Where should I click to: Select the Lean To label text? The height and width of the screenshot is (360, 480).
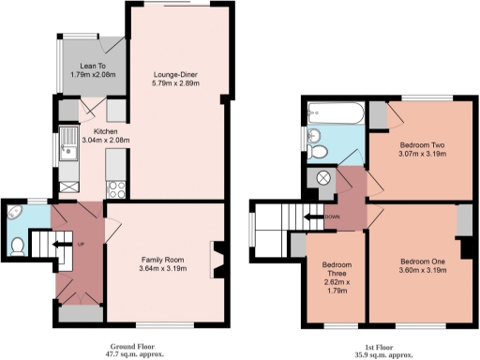coord(92,66)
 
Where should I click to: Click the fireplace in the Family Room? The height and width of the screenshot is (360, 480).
coord(217,259)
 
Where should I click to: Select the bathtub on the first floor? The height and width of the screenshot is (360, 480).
coord(333,117)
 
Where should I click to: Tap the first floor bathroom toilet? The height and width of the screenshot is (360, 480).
coord(318,152)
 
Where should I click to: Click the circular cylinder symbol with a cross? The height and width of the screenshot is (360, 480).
coord(325,177)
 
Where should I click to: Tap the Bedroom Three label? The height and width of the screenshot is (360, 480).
coord(335,272)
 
